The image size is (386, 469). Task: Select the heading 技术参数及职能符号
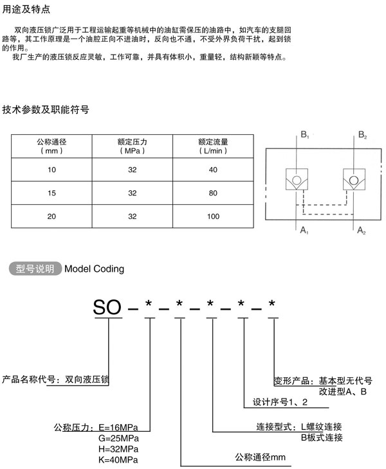click(x=46, y=110)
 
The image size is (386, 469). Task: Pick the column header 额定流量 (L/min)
click(x=214, y=146)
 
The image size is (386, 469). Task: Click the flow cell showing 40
click(x=214, y=170)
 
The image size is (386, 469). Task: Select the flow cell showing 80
click(x=214, y=193)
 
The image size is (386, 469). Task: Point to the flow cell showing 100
click(x=214, y=217)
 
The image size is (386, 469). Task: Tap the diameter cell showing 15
click(x=51, y=193)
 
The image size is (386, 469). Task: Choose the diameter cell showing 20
click(x=51, y=217)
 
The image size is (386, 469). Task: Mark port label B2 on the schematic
click(x=363, y=136)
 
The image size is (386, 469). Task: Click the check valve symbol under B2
click(x=353, y=179)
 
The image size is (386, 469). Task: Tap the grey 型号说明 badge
click(x=35, y=269)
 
